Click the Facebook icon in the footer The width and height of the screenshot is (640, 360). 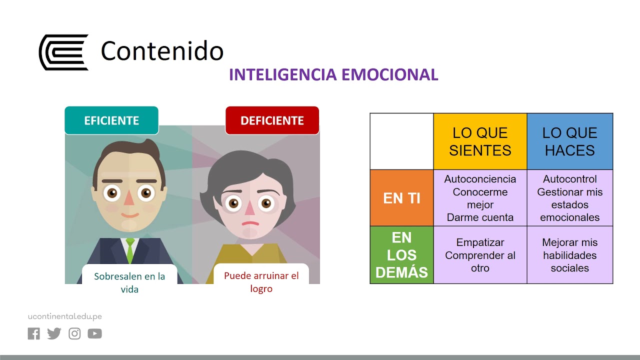pos(33,333)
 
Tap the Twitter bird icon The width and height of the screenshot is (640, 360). pos(54,333)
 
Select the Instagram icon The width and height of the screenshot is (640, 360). pos(74,333)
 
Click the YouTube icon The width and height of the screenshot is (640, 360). pos(94,333)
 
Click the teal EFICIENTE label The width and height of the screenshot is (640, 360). pos(111,120)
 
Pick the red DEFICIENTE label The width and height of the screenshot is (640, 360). pos(272,120)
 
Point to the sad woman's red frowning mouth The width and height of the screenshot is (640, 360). pos(250,223)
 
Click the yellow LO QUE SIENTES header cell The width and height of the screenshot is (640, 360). pos(480,141)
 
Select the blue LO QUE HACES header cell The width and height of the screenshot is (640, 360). pos(569,141)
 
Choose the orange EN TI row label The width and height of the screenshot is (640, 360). pos(401,198)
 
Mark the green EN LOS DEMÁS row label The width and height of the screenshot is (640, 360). pos(401,255)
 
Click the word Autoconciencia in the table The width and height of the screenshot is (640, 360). pos(480,179)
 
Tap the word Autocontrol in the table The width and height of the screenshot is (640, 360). pos(570,179)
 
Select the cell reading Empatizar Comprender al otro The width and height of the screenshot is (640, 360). pos(480,255)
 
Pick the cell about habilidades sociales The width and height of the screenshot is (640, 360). pos(570,255)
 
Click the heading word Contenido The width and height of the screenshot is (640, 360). pos(162,51)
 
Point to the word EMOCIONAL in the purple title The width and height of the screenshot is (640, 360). pos(390,74)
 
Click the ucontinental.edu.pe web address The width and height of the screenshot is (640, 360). pos(65,316)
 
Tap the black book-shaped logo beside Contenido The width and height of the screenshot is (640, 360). pos(63,52)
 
